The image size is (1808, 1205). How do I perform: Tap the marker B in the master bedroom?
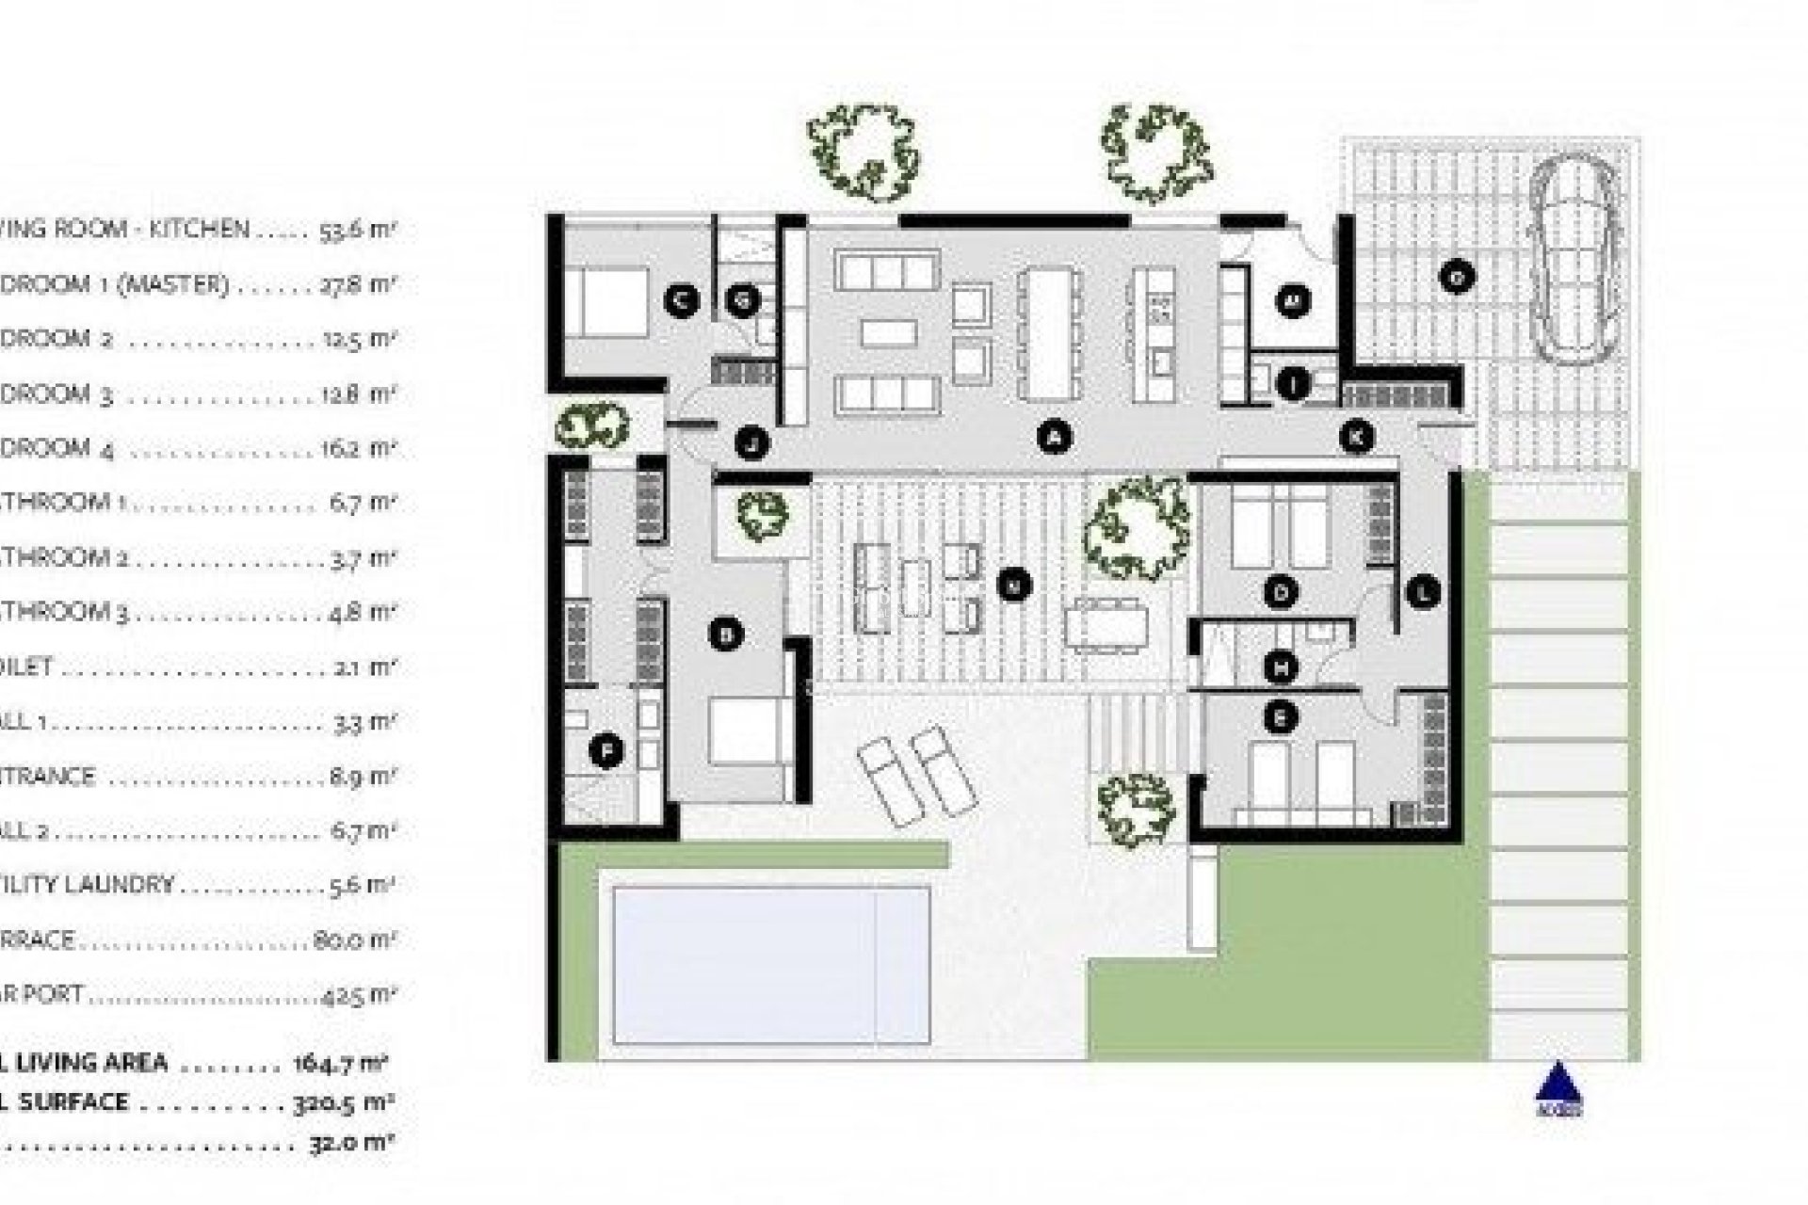point(725,635)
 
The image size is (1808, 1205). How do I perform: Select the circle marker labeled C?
point(680,300)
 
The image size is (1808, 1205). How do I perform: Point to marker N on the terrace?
point(1014,585)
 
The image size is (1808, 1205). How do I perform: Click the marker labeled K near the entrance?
point(1357,437)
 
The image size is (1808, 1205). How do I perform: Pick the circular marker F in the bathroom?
point(606,751)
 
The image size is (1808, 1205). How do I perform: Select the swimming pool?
point(771,965)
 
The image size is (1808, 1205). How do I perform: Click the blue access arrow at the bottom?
point(1558,1084)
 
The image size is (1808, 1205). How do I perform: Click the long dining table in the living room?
point(1048,334)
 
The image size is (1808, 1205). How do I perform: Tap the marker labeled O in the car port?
point(1456,277)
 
